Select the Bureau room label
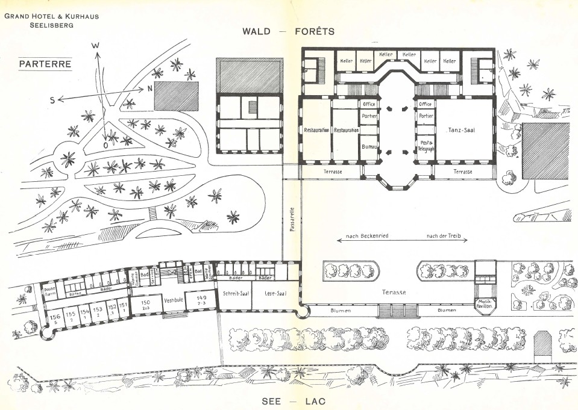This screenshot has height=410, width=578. point(368,146)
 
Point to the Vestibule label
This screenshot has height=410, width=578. point(174,299)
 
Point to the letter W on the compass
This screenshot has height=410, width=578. point(95,46)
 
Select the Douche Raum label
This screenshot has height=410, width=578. point(49,291)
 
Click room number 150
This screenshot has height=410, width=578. point(145,303)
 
